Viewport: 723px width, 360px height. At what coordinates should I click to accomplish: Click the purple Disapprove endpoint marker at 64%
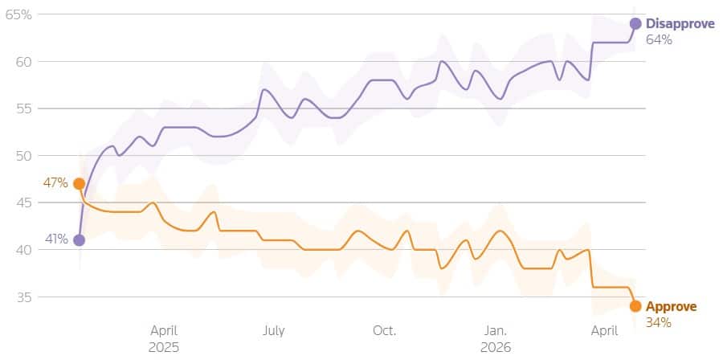click(x=635, y=23)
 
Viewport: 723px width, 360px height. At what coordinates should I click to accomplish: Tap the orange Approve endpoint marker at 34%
click(x=635, y=306)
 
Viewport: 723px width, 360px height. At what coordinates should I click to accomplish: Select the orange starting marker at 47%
click(x=79, y=183)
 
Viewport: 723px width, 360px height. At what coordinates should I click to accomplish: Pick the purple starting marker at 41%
click(x=79, y=239)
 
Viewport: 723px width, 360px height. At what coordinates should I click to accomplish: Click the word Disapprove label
click(x=680, y=24)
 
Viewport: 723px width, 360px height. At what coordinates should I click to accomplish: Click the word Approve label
click(x=672, y=307)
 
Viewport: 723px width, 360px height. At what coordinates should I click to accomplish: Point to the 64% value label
click(x=658, y=39)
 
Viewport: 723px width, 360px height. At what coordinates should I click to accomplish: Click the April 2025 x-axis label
click(x=163, y=338)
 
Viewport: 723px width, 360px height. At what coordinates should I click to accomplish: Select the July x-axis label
click(x=273, y=330)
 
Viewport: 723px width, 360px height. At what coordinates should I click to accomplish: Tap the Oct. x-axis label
click(x=384, y=330)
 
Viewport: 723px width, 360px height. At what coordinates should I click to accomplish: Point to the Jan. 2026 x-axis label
click(x=495, y=338)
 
